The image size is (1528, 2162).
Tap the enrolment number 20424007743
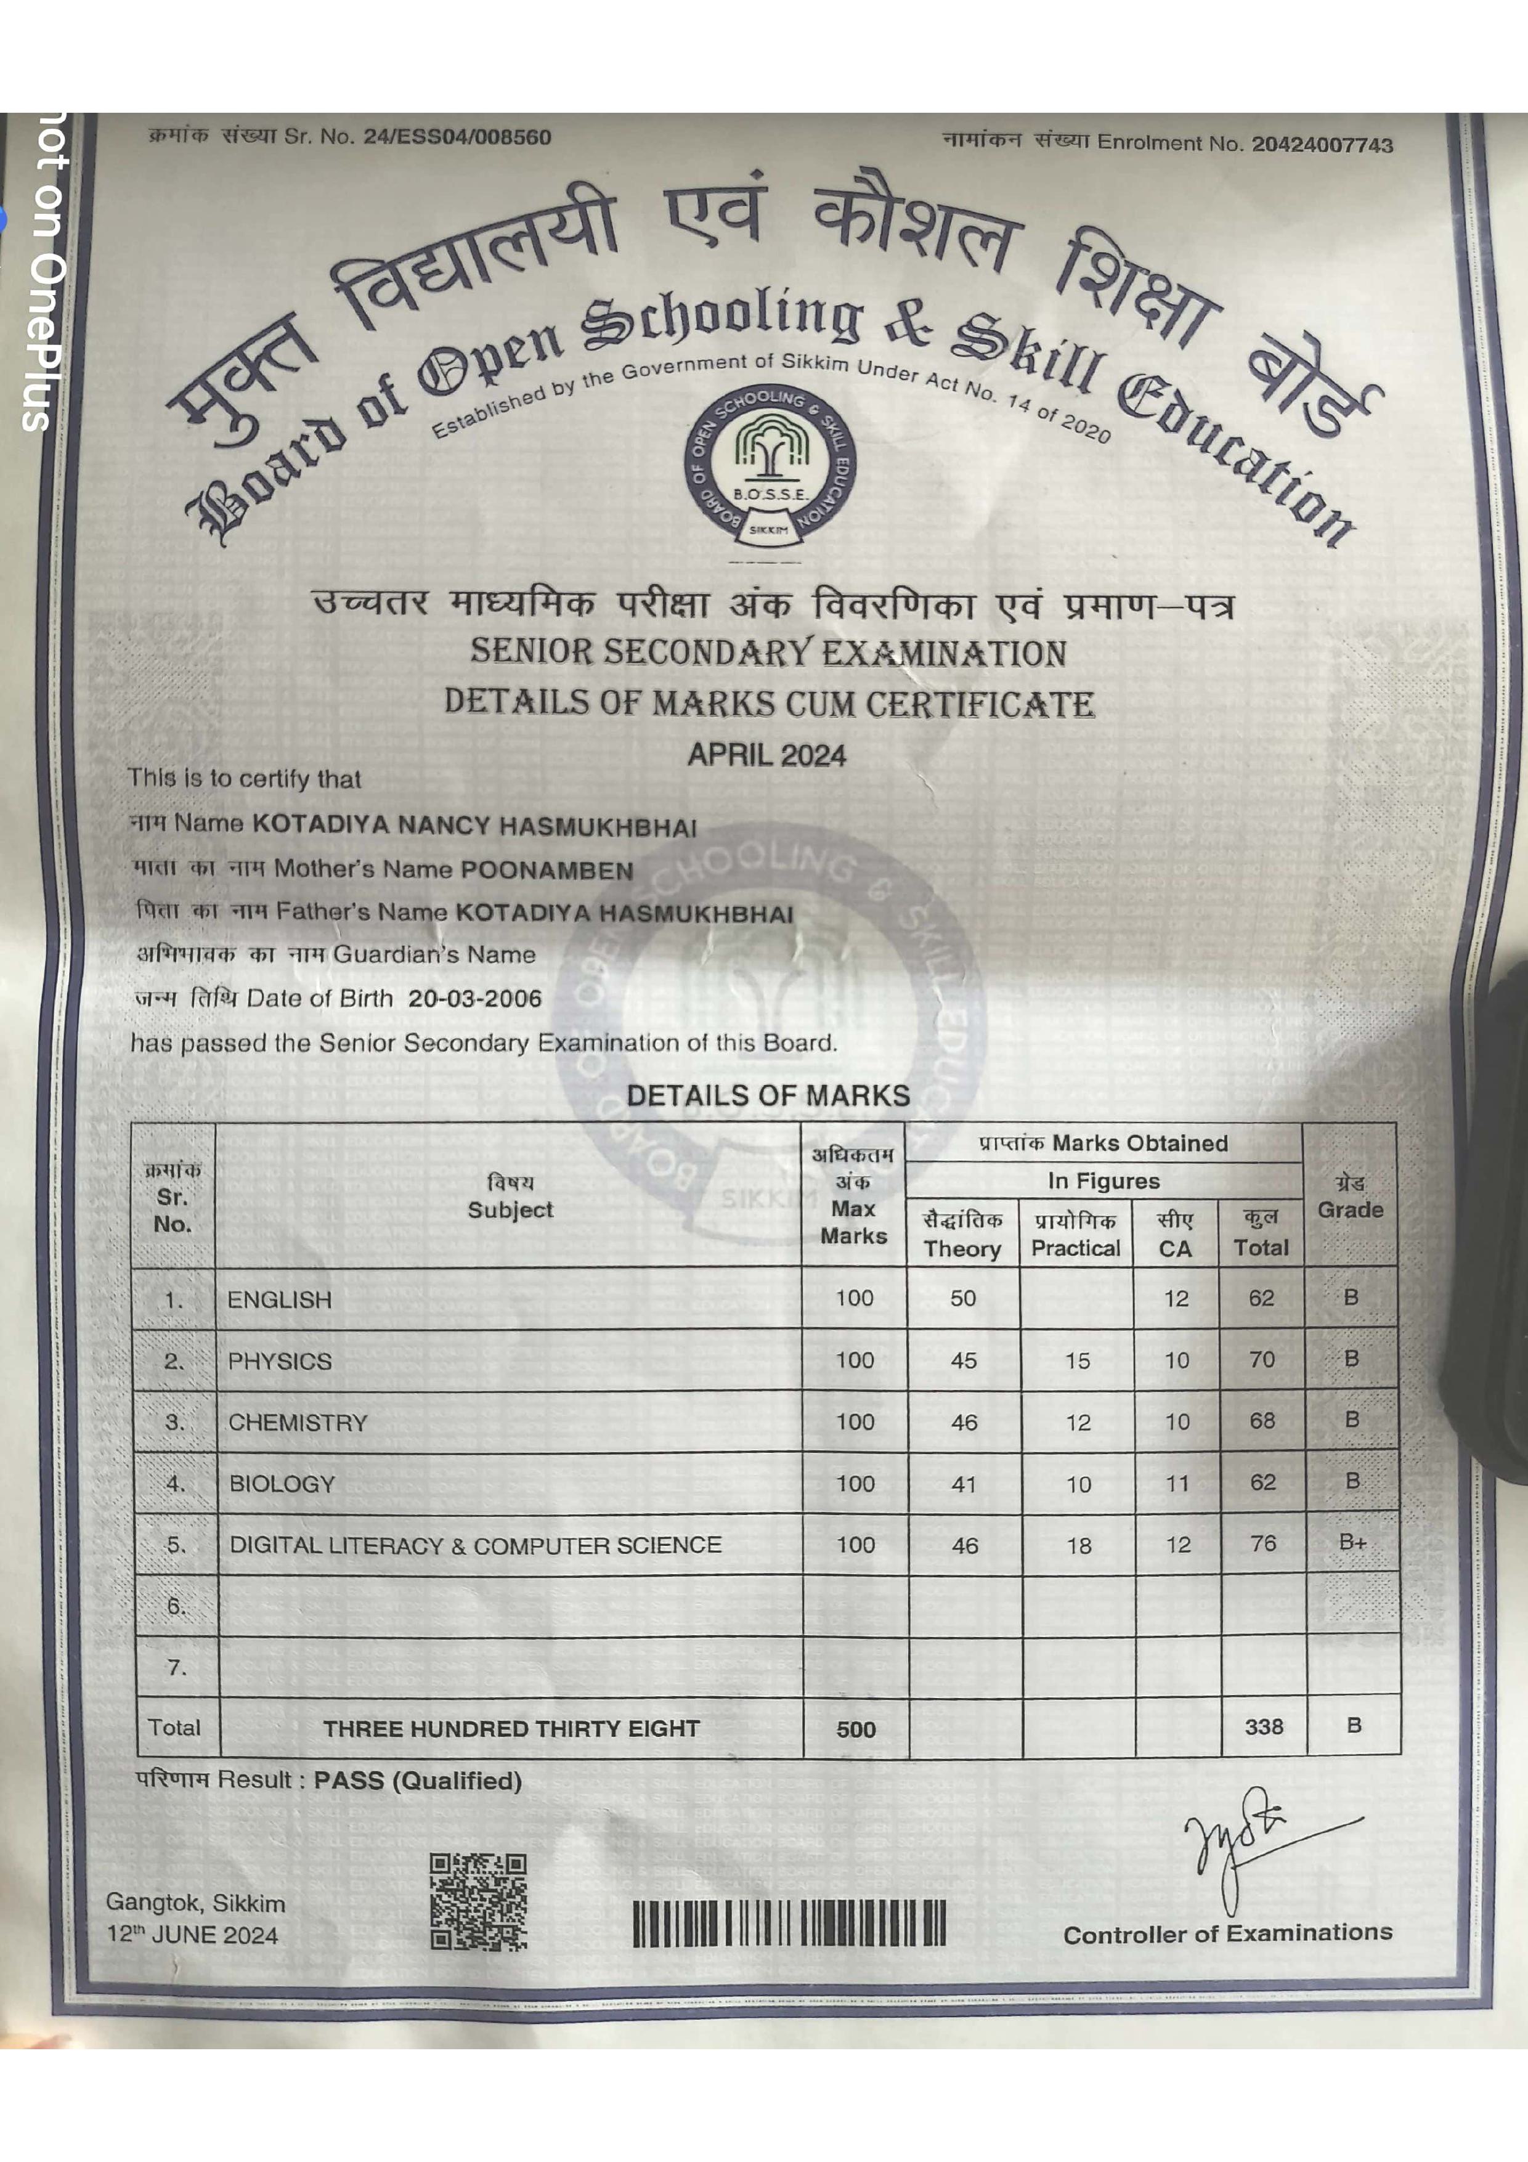pyautogui.click(x=1321, y=144)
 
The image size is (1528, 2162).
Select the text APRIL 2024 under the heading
pyautogui.click(x=766, y=755)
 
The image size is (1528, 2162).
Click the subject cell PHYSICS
pyautogui.click(x=280, y=1360)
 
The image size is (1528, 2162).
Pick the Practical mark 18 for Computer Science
pyautogui.click(x=1078, y=1545)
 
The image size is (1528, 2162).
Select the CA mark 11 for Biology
pyautogui.click(x=1177, y=1484)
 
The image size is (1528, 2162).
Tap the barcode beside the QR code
pyautogui.click(x=789, y=1923)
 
